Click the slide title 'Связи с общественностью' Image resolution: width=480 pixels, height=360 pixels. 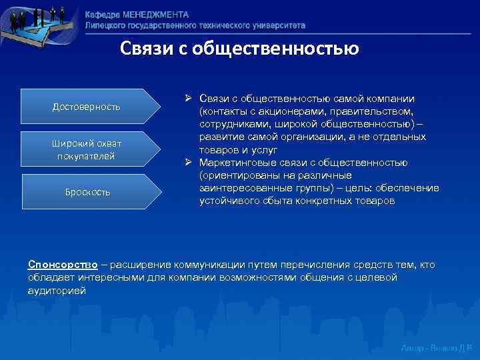pos(239,49)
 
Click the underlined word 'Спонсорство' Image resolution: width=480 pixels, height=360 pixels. pos(63,265)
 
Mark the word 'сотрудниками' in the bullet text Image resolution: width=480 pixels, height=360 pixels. pos(231,125)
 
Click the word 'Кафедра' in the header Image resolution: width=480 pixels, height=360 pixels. pos(105,15)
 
